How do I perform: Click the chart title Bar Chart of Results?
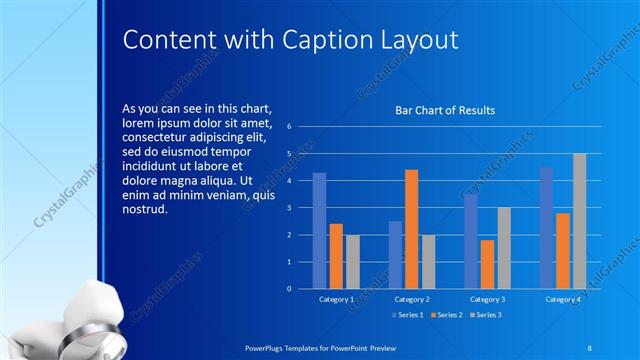coord(445,110)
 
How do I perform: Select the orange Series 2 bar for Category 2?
coord(412,229)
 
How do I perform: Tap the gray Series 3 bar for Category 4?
coord(579,221)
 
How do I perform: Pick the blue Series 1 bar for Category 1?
coord(319,230)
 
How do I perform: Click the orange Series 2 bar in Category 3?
coord(487,264)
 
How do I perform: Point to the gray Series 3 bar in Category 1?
coord(352,261)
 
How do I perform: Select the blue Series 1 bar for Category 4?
coord(546,227)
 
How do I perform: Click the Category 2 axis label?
coord(412,299)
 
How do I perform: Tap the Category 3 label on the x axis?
coord(487,299)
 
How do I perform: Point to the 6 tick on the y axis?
coord(288,127)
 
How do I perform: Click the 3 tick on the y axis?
coord(288,208)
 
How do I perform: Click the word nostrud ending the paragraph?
coord(145,209)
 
